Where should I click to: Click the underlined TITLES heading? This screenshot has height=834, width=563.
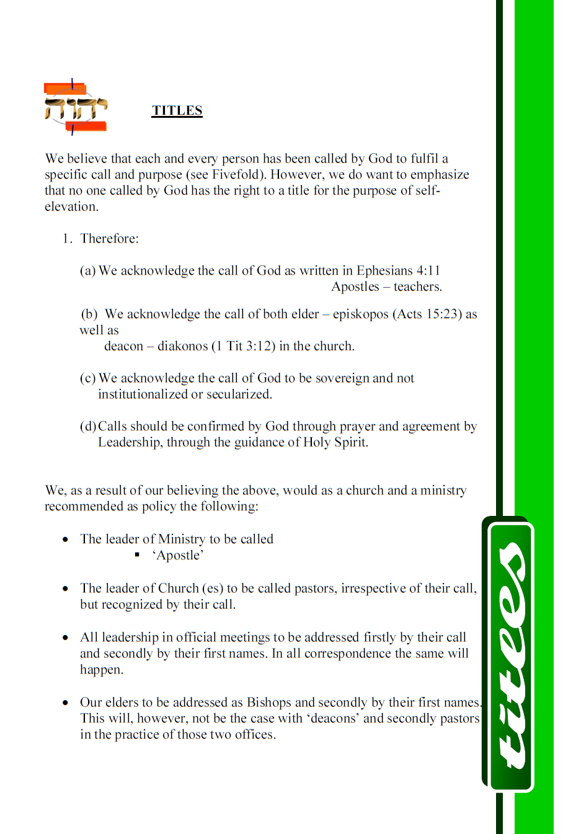(177, 110)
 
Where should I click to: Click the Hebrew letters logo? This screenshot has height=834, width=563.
(75, 108)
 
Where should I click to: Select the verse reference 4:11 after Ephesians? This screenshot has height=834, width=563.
(428, 270)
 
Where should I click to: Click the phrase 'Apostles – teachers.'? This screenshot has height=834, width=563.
(386, 286)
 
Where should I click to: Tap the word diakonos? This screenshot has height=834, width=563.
(182, 346)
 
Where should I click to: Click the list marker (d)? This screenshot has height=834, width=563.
(88, 427)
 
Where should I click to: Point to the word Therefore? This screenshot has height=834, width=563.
(109, 239)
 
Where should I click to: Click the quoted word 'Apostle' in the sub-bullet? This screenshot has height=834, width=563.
(178, 555)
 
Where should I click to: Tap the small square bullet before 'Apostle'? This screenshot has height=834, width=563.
(137, 555)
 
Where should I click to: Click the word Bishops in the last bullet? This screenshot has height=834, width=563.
(268, 703)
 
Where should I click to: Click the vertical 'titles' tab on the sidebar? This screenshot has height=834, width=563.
(510, 655)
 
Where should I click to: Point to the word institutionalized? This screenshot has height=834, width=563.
(143, 394)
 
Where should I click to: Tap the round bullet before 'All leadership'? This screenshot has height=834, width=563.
(65, 637)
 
